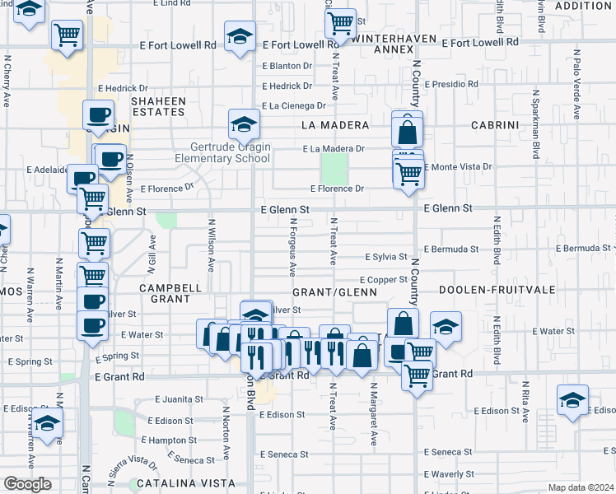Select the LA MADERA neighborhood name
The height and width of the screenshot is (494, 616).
(x=334, y=125)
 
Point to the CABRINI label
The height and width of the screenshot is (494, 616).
(x=495, y=125)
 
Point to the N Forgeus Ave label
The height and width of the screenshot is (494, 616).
(x=293, y=245)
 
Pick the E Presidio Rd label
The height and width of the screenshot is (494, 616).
(x=450, y=84)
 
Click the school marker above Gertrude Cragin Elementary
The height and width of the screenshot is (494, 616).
(x=242, y=124)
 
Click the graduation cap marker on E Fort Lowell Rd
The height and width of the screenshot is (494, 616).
(x=240, y=37)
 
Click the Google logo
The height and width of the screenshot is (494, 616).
(x=27, y=484)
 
